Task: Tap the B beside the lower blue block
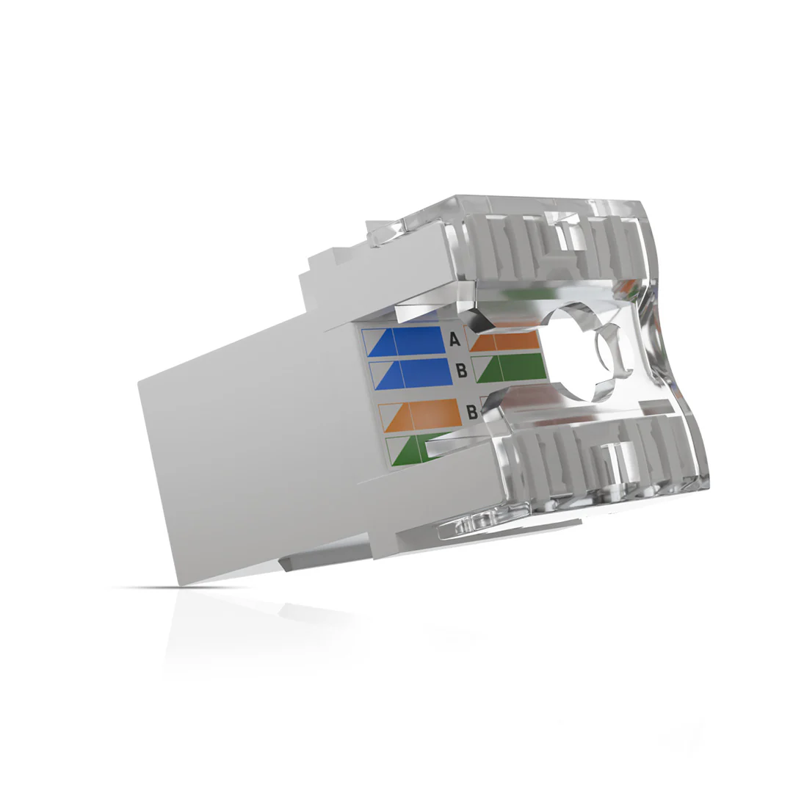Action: pos(461,371)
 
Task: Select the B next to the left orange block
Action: pos(472,412)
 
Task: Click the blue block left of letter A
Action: pos(405,341)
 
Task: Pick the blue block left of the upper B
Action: pos(410,374)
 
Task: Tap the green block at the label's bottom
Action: pos(412,449)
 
